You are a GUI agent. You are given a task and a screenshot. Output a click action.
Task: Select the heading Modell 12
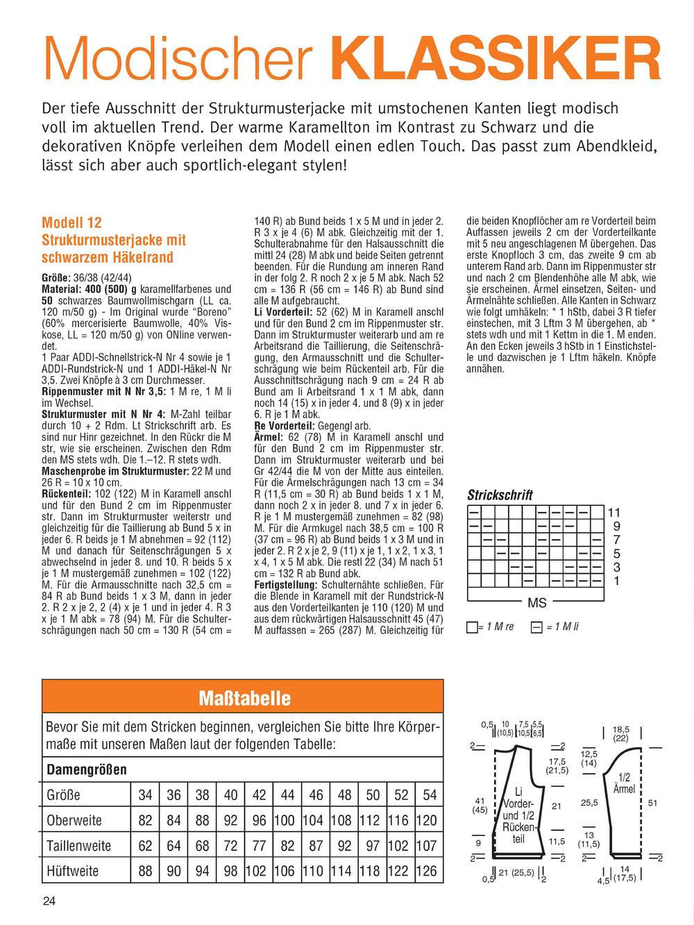click(x=71, y=223)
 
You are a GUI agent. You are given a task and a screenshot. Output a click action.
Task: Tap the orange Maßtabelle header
click(x=243, y=697)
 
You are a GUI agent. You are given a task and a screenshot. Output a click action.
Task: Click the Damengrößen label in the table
click(x=87, y=770)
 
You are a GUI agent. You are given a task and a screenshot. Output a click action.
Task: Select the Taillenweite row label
click(x=78, y=845)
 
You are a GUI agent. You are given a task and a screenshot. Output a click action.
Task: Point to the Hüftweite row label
click(x=73, y=871)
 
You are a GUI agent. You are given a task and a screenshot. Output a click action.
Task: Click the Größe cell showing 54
click(x=430, y=795)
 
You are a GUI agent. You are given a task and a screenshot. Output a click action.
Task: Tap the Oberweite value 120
click(x=427, y=820)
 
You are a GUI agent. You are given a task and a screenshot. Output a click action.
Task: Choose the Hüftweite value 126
click(x=427, y=871)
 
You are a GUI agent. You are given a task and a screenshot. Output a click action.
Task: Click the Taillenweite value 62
click(x=145, y=845)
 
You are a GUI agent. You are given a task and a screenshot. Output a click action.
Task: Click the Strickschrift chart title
click(x=500, y=495)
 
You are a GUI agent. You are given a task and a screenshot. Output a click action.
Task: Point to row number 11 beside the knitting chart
click(x=614, y=513)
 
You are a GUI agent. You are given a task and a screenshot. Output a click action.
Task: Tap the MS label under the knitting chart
click(x=537, y=604)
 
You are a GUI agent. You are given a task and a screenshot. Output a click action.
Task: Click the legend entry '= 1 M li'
click(x=555, y=627)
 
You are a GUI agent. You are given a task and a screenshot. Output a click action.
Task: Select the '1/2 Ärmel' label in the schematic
click(x=625, y=783)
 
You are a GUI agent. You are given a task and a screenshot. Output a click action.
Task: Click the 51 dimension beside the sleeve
click(x=652, y=803)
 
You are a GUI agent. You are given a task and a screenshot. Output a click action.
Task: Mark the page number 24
click(x=49, y=901)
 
